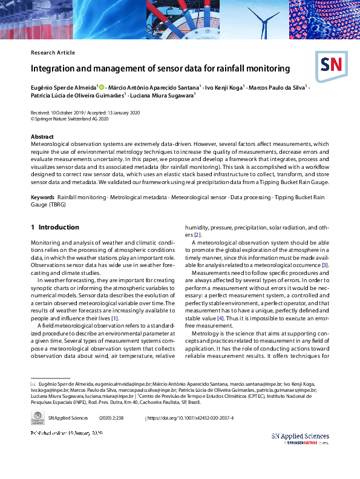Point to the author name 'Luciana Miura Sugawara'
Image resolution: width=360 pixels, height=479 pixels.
click(160, 96)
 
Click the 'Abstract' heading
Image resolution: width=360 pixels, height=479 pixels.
click(42, 137)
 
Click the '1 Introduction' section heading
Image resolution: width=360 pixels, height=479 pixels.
click(55, 228)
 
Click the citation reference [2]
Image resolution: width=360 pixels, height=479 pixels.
click(197, 235)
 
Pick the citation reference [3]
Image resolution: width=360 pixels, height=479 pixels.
click(325, 265)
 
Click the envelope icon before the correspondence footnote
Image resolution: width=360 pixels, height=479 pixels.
click(33, 385)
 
